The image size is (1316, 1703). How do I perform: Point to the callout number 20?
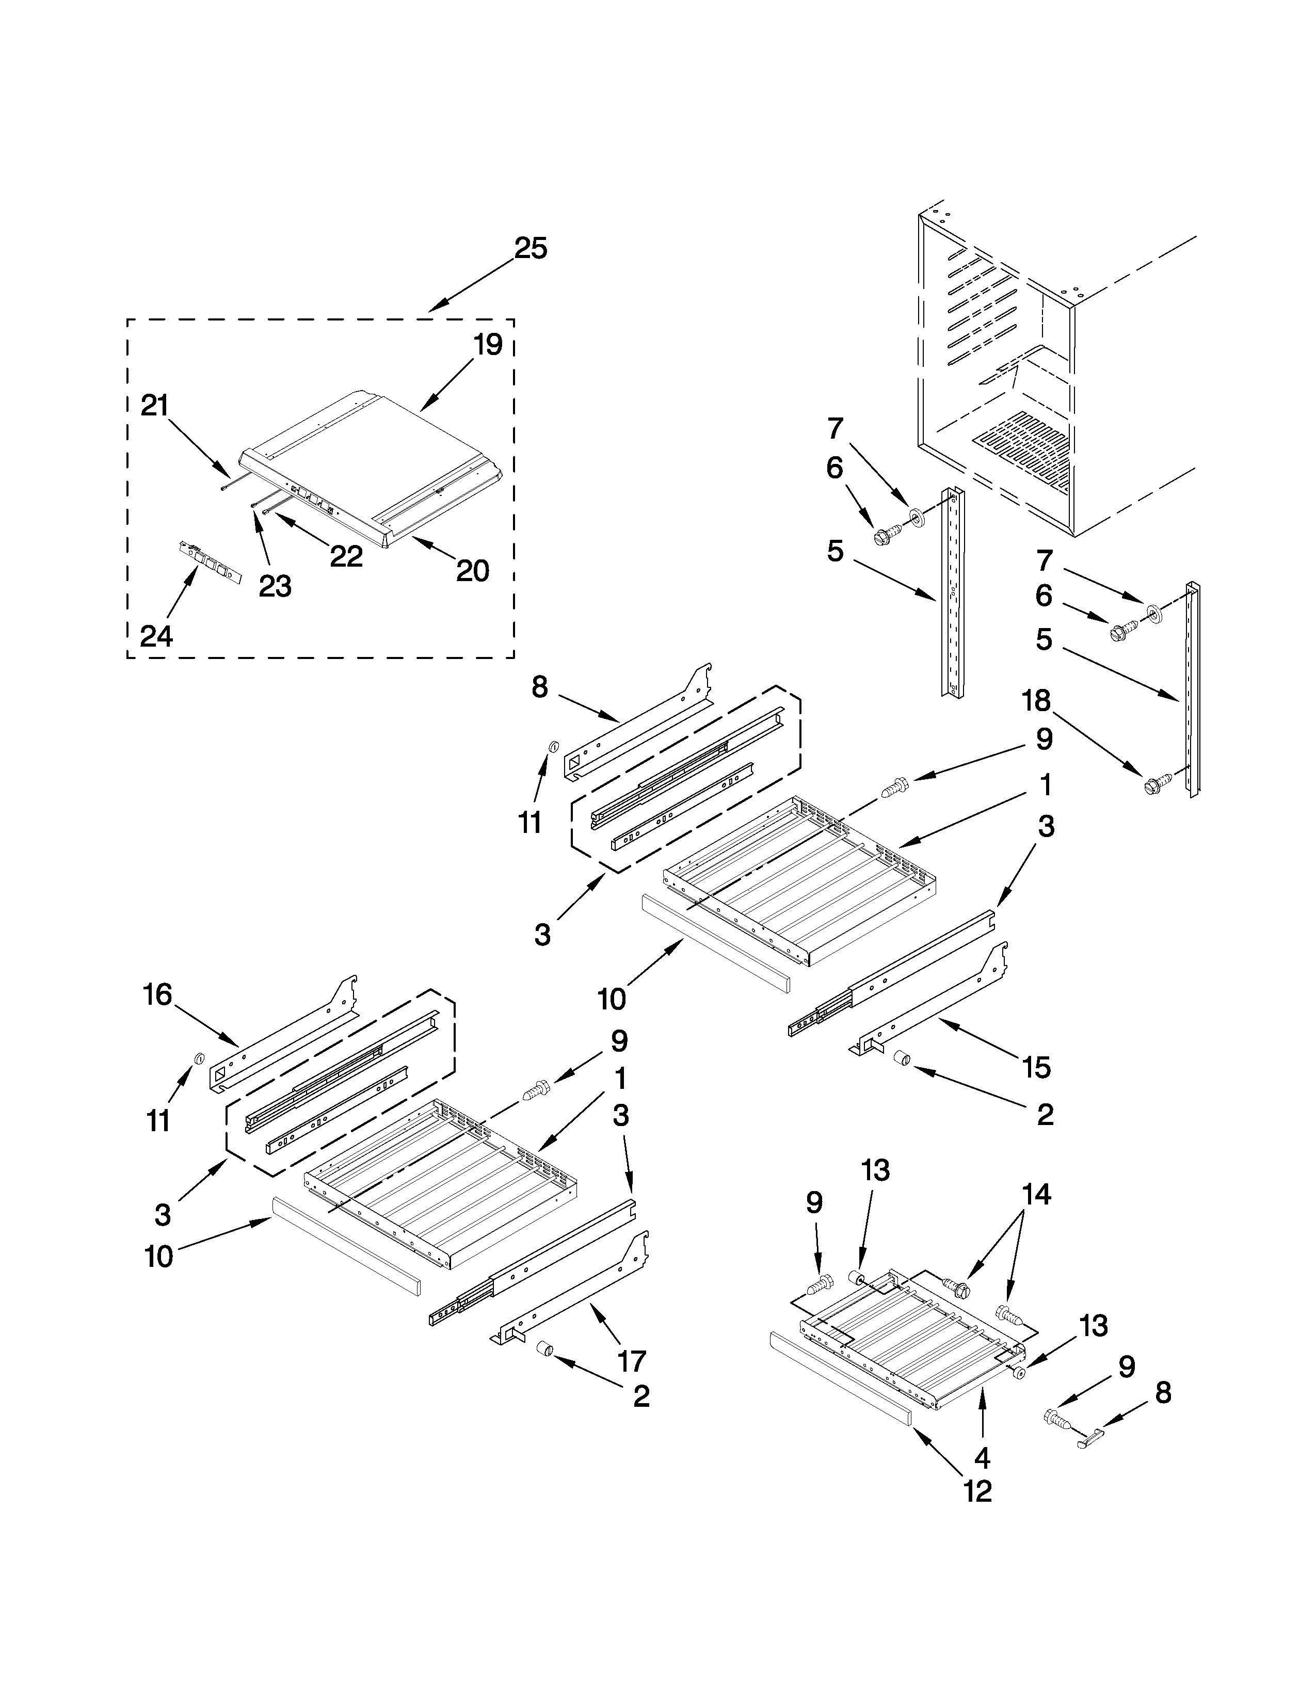pos(472,572)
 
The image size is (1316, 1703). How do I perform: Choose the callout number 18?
pos(1036,701)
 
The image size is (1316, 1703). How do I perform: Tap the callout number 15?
pos(1037,1067)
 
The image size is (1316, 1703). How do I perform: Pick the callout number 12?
pos(977,1490)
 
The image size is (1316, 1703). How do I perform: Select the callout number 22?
pos(346,556)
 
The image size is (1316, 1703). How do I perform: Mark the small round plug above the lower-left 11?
pos(198,1057)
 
